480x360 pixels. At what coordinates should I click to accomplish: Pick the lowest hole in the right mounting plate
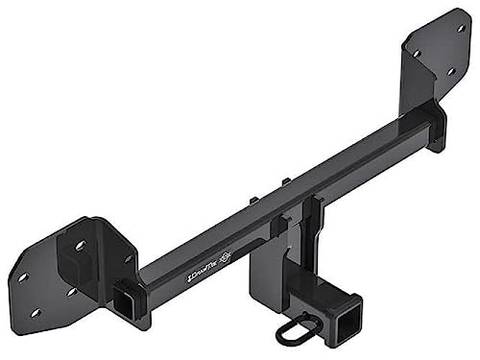click(x=450, y=71)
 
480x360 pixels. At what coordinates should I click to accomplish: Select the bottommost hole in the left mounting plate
click(x=36, y=312)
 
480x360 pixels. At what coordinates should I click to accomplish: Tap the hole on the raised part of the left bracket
click(x=80, y=246)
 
